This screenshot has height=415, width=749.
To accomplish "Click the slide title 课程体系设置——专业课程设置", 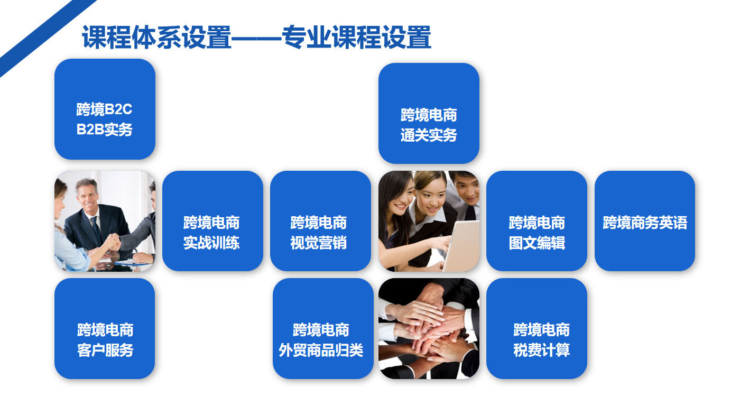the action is coord(256,37).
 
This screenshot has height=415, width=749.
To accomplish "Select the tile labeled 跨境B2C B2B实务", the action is coord(105,109).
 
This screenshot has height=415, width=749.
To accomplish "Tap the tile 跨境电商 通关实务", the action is coord(429,113).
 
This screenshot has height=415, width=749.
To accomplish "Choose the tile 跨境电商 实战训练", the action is coord(212,221).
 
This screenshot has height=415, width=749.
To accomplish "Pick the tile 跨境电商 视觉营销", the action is coord(320,221).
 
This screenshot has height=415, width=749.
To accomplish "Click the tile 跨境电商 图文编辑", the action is coord(537,221).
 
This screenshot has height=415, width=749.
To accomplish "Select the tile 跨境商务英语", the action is coord(645,221).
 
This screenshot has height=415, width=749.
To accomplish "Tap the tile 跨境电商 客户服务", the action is coord(105,329).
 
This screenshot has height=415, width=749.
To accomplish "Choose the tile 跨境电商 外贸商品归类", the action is coord(323,329).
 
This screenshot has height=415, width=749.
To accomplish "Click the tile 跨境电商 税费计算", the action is coord(537,329).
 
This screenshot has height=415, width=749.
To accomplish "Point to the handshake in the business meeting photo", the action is coord(113,242).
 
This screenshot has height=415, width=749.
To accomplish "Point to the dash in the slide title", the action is coord(256,38).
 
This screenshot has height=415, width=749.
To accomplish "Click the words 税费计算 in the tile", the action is coord(541,350).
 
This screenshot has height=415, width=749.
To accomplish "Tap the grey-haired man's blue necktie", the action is coord(96,230).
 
